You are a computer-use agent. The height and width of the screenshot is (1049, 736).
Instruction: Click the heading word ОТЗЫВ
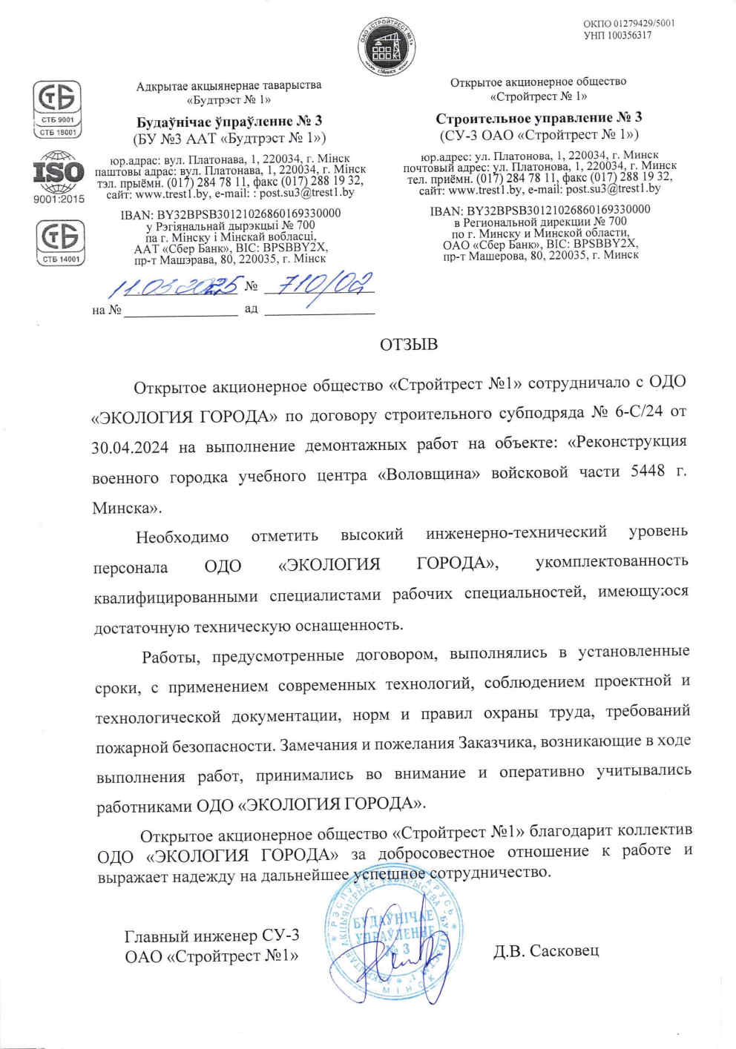(409, 345)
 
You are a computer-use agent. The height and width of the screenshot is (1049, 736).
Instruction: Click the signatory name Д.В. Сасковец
(546, 950)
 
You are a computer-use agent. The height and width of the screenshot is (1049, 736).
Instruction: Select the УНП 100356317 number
(617, 35)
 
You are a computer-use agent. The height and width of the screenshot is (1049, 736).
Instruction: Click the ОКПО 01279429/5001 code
(628, 23)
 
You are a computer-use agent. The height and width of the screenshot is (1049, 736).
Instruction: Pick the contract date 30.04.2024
(131, 447)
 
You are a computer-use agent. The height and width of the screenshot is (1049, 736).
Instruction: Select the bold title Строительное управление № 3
(539, 118)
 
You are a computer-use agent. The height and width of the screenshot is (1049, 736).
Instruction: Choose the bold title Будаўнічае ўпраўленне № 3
(229, 121)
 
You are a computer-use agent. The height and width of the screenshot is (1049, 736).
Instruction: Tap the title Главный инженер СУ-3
(211, 936)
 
